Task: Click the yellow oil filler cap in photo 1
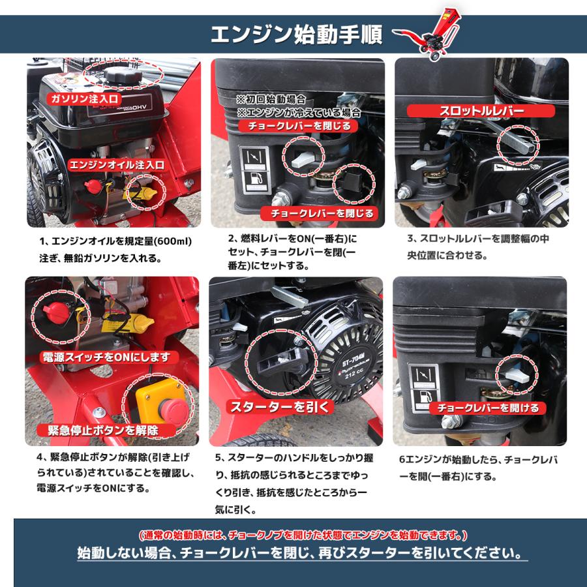click(x=142, y=193)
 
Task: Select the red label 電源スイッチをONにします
click(x=105, y=357)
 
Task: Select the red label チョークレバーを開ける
click(x=488, y=408)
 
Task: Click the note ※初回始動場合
click(x=271, y=100)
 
